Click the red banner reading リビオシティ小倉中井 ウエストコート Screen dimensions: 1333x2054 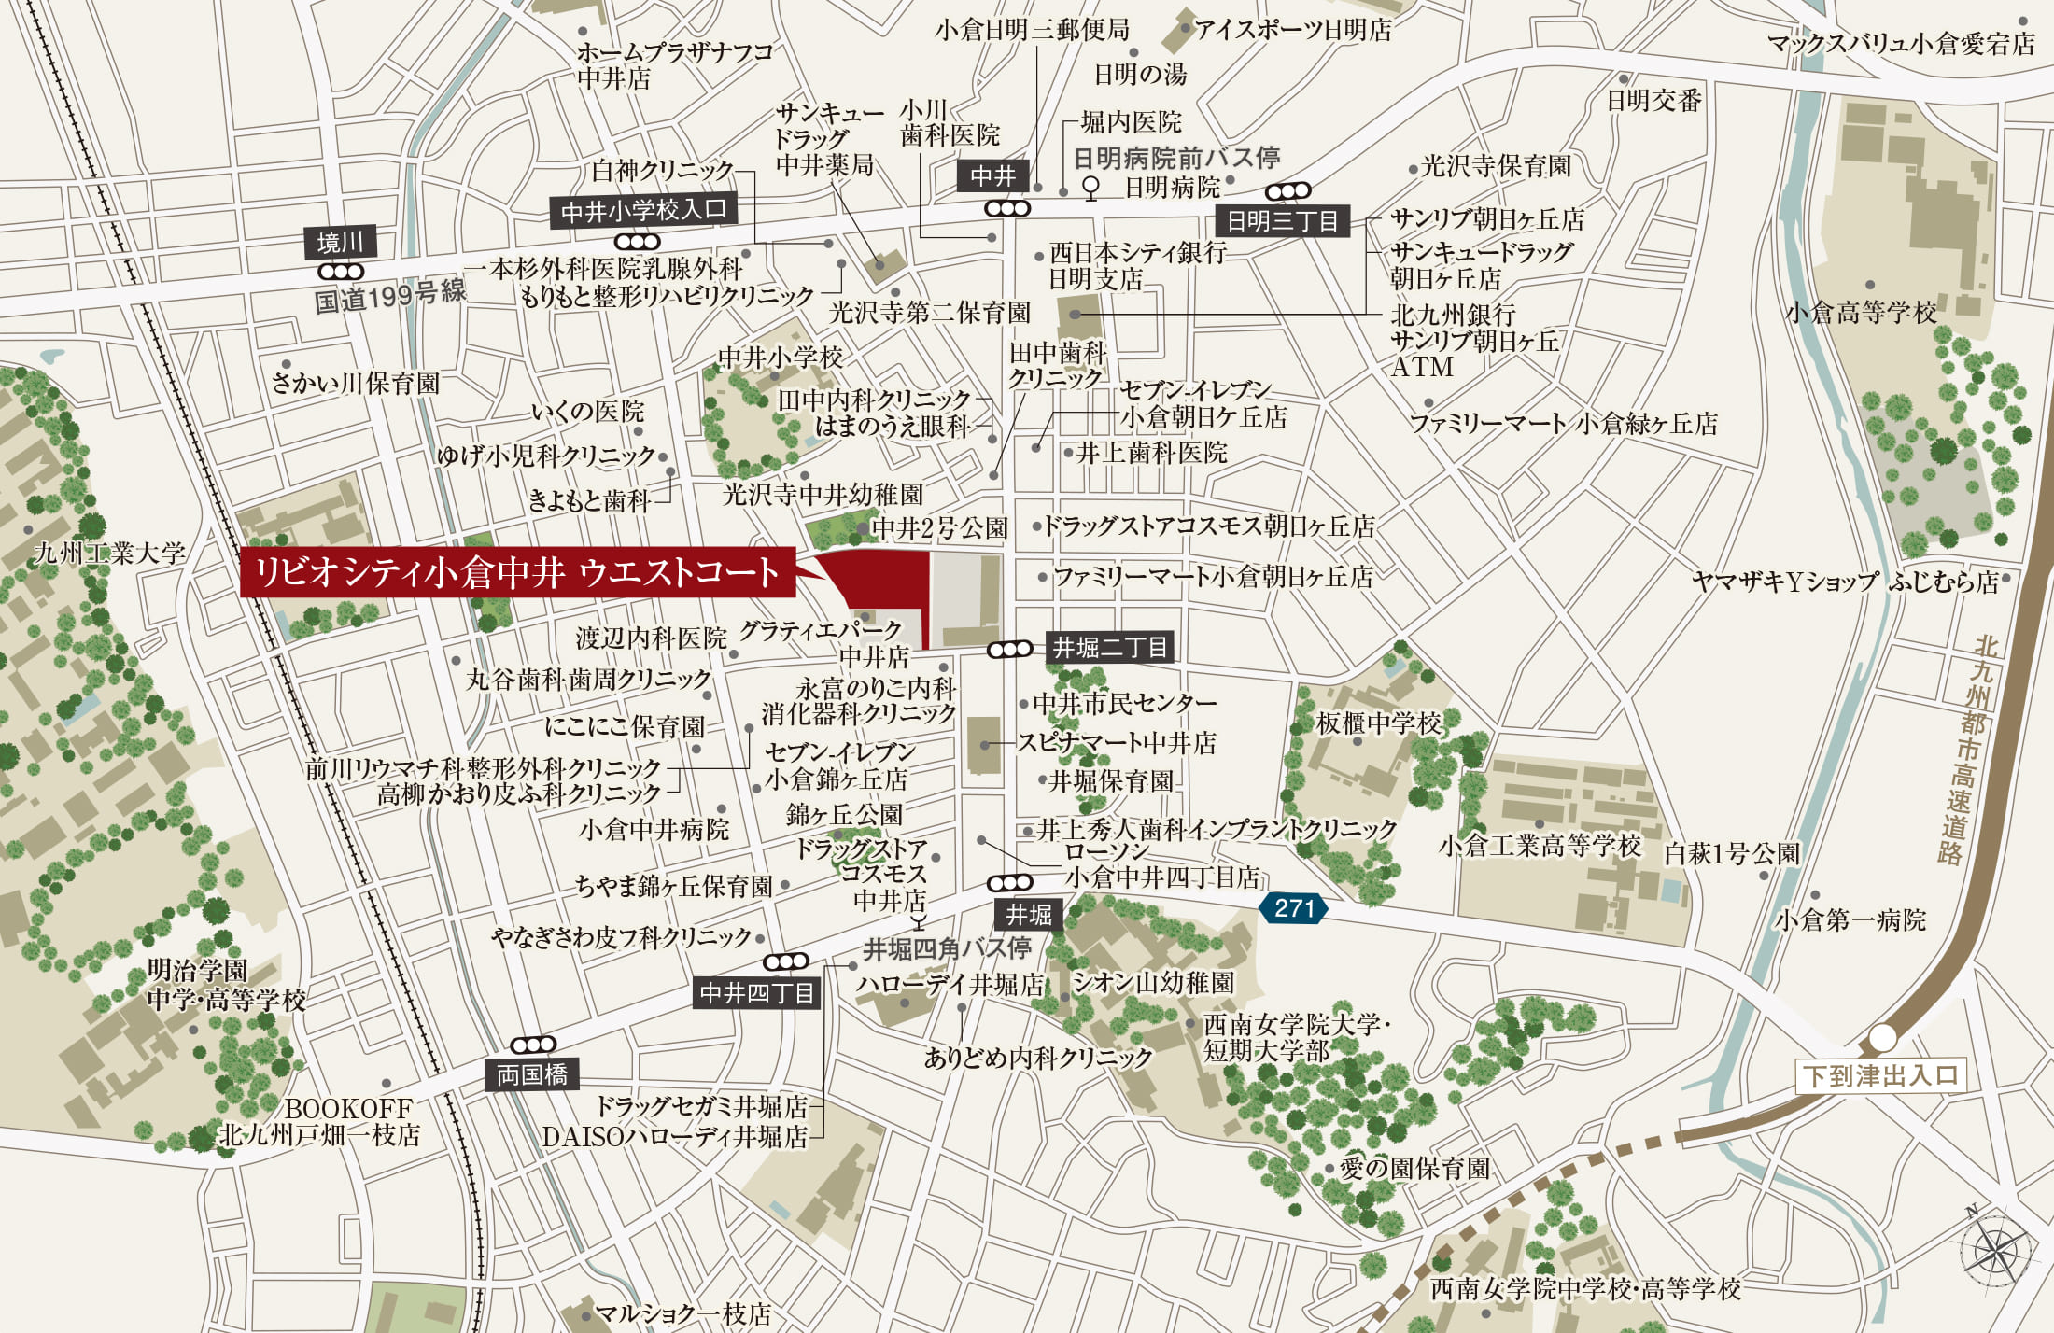click(x=517, y=571)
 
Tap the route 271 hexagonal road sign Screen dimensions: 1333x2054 click(x=1293, y=907)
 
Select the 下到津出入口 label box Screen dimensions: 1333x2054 click(x=1880, y=1075)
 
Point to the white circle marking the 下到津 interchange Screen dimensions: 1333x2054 click(x=1882, y=1038)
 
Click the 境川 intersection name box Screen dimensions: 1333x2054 click(x=340, y=243)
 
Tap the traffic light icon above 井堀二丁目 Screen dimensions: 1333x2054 click(x=1009, y=649)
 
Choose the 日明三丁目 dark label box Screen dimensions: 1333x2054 click(x=1282, y=221)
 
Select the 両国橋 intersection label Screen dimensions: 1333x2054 click(x=531, y=1074)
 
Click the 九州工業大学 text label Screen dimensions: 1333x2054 click(x=110, y=553)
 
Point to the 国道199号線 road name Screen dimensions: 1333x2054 click(x=389, y=297)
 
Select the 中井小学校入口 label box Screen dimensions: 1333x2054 click(x=643, y=210)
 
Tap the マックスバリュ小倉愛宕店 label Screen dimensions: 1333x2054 click(x=1901, y=43)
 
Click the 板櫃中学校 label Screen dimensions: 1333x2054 click(x=1379, y=723)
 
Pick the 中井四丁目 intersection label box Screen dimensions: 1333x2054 click(x=757, y=992)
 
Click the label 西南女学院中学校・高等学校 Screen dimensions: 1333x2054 click(x=1585, y=1289)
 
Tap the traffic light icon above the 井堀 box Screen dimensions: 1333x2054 click(x=1009, y=882)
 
